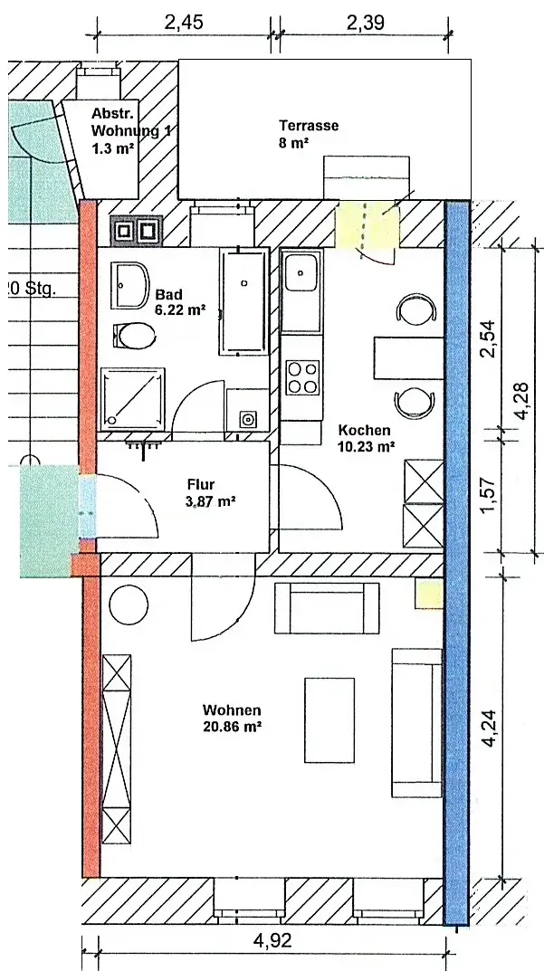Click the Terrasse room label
(x=309, y=125)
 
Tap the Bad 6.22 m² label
(x=180, y=301)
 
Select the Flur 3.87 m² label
(x=211, y=493)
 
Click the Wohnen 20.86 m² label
(x=232, y=719)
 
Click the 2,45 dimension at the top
(x=184, y=23)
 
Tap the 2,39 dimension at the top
(x=364, y=23)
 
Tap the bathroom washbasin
(x=130, y=285)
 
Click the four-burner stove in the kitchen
(x=303, y=378)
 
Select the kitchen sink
(x=301, y=272)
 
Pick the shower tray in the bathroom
(x=133, y=398)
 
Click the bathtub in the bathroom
(x=244, y=301)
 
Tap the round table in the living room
(x=129, y=604)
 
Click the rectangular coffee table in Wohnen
(x=329, y=720)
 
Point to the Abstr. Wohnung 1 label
(x=130, y=130)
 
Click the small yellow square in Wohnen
(x=429, y=595)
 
